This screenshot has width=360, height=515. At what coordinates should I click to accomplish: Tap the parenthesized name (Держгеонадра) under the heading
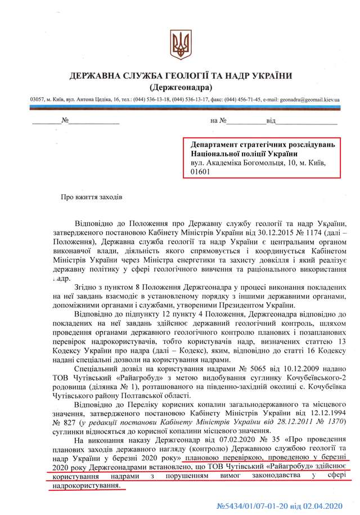pos(181,88)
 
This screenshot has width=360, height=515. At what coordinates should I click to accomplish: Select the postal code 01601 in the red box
pos(201,172)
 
